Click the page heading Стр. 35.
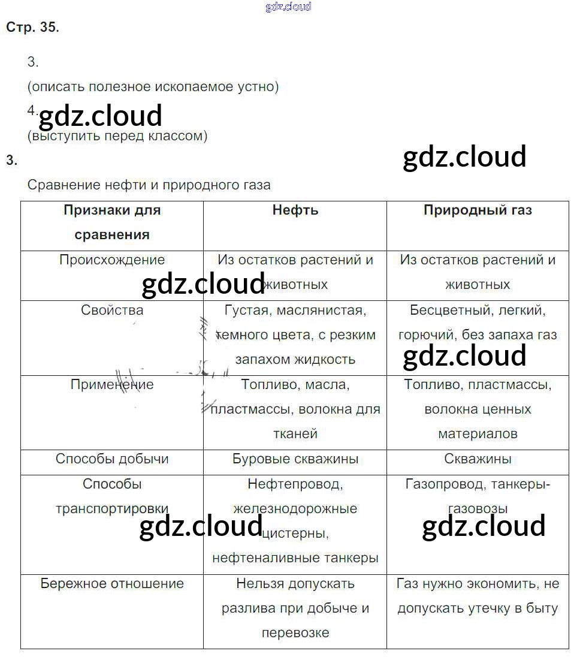coord(32,28)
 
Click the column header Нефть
coord(295,210)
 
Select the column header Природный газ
coord(478,210)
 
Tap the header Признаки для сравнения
coord(112,222)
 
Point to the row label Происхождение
coord(112,260)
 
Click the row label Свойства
coord(112,311)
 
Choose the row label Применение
coord(112,385)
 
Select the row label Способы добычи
coord(112,459)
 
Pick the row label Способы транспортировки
coord(112,496)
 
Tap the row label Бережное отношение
coord(112,584)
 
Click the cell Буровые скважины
coord(295,459)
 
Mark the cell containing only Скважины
coord(478,459)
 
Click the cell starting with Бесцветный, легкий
coord(478,323)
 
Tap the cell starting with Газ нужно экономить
coord(478,596)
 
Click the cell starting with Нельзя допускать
coord(295,608)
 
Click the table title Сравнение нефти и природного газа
coord(149,185)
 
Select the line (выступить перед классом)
coord(117,136)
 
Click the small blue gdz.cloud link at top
coord(288,7)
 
